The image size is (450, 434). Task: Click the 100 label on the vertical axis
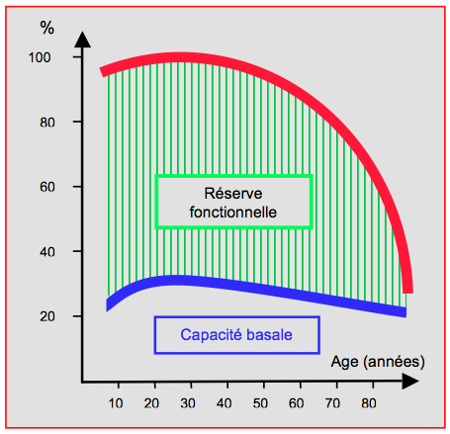coord(40,57)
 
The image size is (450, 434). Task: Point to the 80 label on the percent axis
coord(47,123)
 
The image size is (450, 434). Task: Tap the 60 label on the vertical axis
coord(47,187)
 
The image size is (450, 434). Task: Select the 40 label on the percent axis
coord(47,252)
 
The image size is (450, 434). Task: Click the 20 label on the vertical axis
coord(47,316)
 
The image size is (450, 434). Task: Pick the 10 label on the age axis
coord(116,403)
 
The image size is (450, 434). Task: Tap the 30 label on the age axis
coord(188,403)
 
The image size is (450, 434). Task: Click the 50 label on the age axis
coord(260,403)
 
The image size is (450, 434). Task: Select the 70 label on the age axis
coord(332,403)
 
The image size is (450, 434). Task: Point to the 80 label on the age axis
coord(369,403)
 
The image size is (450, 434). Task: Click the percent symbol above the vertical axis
coord(46,28)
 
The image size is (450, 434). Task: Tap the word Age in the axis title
coord(345,362)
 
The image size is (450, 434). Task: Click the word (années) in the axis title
coord(394,362)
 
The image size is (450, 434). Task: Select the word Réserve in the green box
coord(233,194)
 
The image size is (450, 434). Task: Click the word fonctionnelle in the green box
coord(233,213)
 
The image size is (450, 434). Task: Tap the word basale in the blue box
coord(269,335)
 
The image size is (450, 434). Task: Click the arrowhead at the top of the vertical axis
coord(82,40)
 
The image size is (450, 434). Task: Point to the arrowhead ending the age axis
coord(410,382)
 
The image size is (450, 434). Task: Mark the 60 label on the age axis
coord(296,403)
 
